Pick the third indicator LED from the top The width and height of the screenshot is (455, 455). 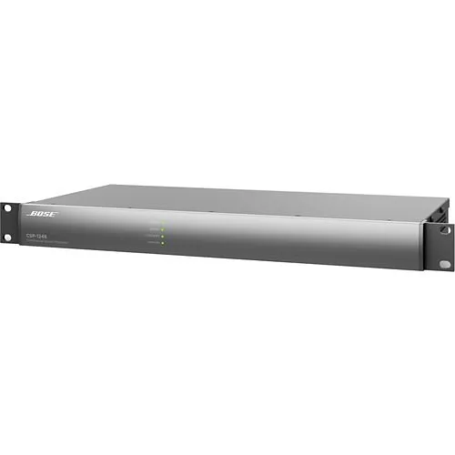click(x=162, y=237)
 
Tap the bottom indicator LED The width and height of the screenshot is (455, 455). click(x=162, y=243)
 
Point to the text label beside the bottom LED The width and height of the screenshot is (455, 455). click(x=153, y=243)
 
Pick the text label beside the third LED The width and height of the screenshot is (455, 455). click(x=153, y=237)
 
